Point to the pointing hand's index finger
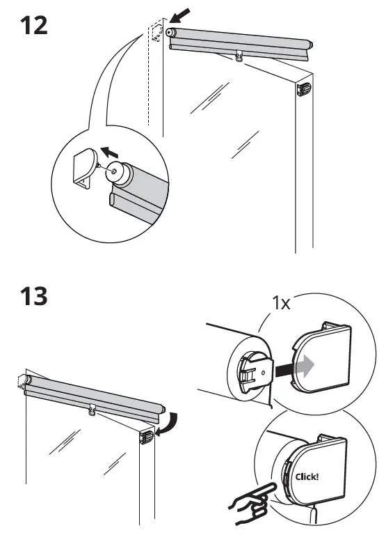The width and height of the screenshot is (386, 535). click(x=261, y=487)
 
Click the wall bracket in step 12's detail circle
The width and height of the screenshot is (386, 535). click(x=87, y=168)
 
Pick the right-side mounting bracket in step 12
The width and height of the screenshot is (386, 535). click(x=305, y=88)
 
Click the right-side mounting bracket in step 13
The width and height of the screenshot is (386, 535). click(x=147, y=437)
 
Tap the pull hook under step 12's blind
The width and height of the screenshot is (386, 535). click(x=240, y=57)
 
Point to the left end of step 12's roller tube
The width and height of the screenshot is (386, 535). click(x=171, y=33)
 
